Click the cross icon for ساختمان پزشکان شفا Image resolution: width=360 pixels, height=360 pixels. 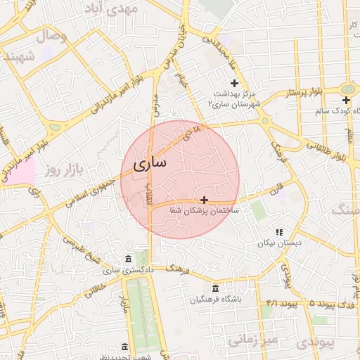[x=204, y=200]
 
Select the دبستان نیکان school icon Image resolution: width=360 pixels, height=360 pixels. [x=279, y=232]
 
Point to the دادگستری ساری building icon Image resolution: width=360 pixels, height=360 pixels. [x=127, y=259]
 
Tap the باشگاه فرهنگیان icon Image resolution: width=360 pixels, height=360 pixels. [x=214, y=289]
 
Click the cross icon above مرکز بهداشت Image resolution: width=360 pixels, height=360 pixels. [x=234, y=83]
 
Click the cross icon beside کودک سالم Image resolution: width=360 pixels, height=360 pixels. [x=346, y=101]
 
